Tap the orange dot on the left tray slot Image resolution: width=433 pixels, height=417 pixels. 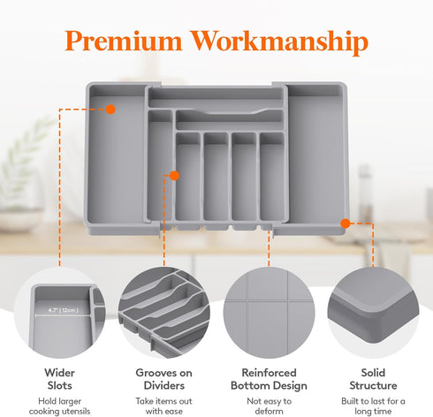pos(110,109)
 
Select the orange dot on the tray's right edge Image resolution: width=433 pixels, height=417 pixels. pos(346,224)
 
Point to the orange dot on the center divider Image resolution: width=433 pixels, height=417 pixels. pos(173,175)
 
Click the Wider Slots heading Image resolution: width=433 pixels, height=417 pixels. pos(59,379)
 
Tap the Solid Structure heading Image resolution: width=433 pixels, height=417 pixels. pos(373,379)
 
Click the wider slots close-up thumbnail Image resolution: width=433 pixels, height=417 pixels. pos(60,314)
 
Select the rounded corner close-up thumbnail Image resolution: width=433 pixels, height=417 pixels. pos(373,314)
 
